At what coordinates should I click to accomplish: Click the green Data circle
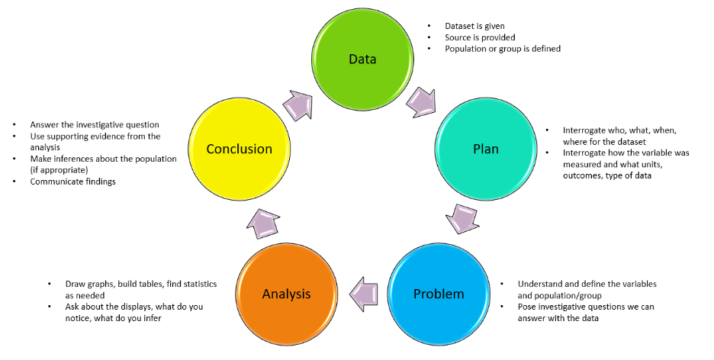(x=362, y=59)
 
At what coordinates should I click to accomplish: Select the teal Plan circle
(x=485, y=149)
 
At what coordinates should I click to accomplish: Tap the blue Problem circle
(x=438, y=294)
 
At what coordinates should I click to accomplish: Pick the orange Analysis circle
(x=287, y=294)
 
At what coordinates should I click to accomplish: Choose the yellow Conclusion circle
(x=239, y=149)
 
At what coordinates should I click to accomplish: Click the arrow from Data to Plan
(x=422, y=101)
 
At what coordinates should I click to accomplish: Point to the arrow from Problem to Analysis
(x=363, y=294)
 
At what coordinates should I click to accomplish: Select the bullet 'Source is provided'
(x=481, y=37)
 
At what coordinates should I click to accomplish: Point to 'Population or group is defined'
(x=503, y=49)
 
